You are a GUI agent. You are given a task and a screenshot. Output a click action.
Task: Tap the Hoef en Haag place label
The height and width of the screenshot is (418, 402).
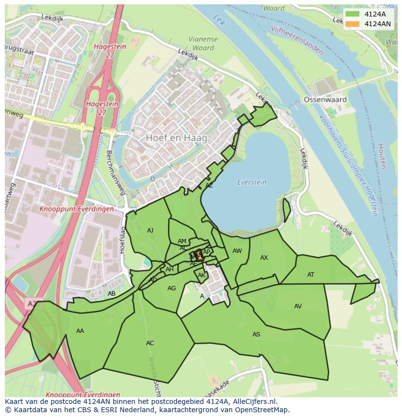point(176,138)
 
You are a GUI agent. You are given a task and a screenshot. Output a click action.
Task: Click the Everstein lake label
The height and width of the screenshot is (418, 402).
point(251,182)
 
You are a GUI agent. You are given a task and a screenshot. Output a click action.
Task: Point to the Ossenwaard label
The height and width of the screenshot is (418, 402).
point(325,100)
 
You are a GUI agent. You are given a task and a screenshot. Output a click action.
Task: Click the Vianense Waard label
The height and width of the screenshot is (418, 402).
point(203,44)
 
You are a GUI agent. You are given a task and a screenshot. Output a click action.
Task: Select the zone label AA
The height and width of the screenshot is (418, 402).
point(80,331)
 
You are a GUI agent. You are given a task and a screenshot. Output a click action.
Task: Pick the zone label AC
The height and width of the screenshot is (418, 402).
point(150,343)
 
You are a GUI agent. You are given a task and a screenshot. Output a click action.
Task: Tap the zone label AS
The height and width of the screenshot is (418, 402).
point(256,334)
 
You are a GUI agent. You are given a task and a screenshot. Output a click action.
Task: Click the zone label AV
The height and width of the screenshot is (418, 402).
point(298,306)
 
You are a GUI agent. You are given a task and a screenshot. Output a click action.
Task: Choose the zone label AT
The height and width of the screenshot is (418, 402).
point(311,275)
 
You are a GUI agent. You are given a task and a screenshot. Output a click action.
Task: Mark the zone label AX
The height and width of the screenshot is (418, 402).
point(264,258)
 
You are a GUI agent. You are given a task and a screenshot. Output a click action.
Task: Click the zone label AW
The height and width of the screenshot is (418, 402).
point(237,251)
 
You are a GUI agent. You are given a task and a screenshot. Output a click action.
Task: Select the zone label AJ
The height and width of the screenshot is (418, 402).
point(150,231)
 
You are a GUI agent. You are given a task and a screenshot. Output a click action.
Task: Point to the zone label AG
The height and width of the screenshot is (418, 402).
point(171,288)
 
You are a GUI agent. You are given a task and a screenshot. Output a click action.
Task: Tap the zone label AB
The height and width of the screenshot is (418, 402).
point(112,294)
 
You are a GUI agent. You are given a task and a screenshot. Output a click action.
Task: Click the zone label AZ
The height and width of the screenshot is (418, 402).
point(209,185)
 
